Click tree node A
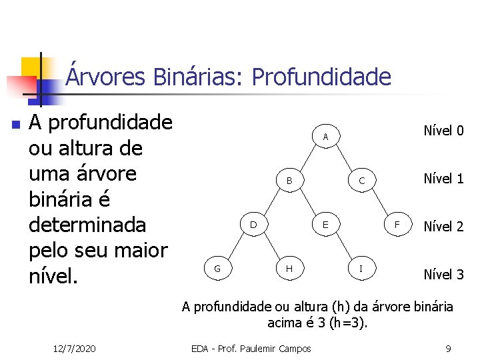pos(325,137)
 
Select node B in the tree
pos(289,181)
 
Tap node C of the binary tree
pos(361,181)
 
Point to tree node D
pos(253,225)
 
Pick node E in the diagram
pos(325,225)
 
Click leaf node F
pos(397,225)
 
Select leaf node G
pos(217,269)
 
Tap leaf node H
pos(289,269)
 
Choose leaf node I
pos(361,269)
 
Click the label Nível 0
pos(443,130)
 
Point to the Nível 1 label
pos(443,178)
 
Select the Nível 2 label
pos(443,226)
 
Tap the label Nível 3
pos(443,274)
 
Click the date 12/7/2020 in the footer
pos(74,349)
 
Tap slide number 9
pos(448,349)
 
